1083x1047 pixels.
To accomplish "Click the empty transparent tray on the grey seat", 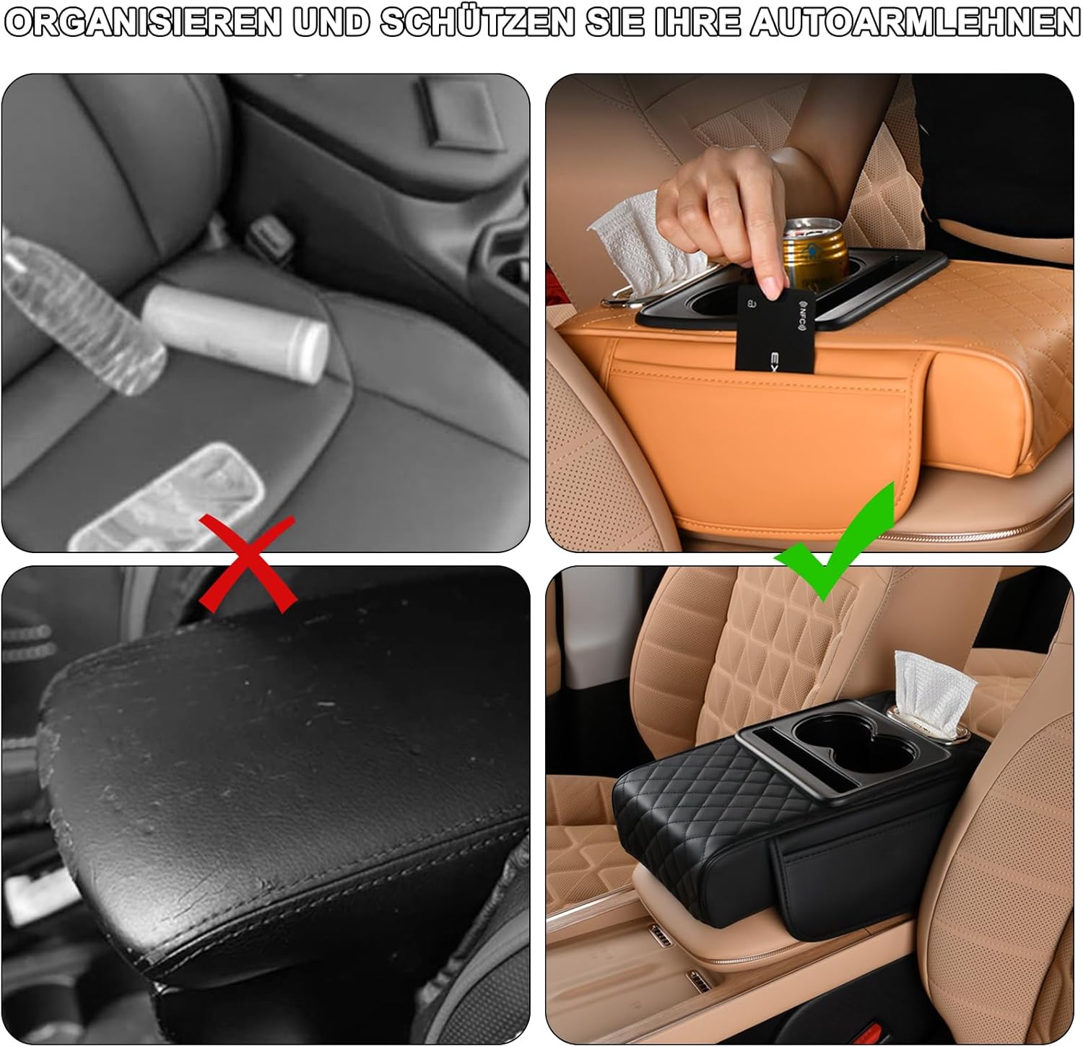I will pos(162,498).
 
